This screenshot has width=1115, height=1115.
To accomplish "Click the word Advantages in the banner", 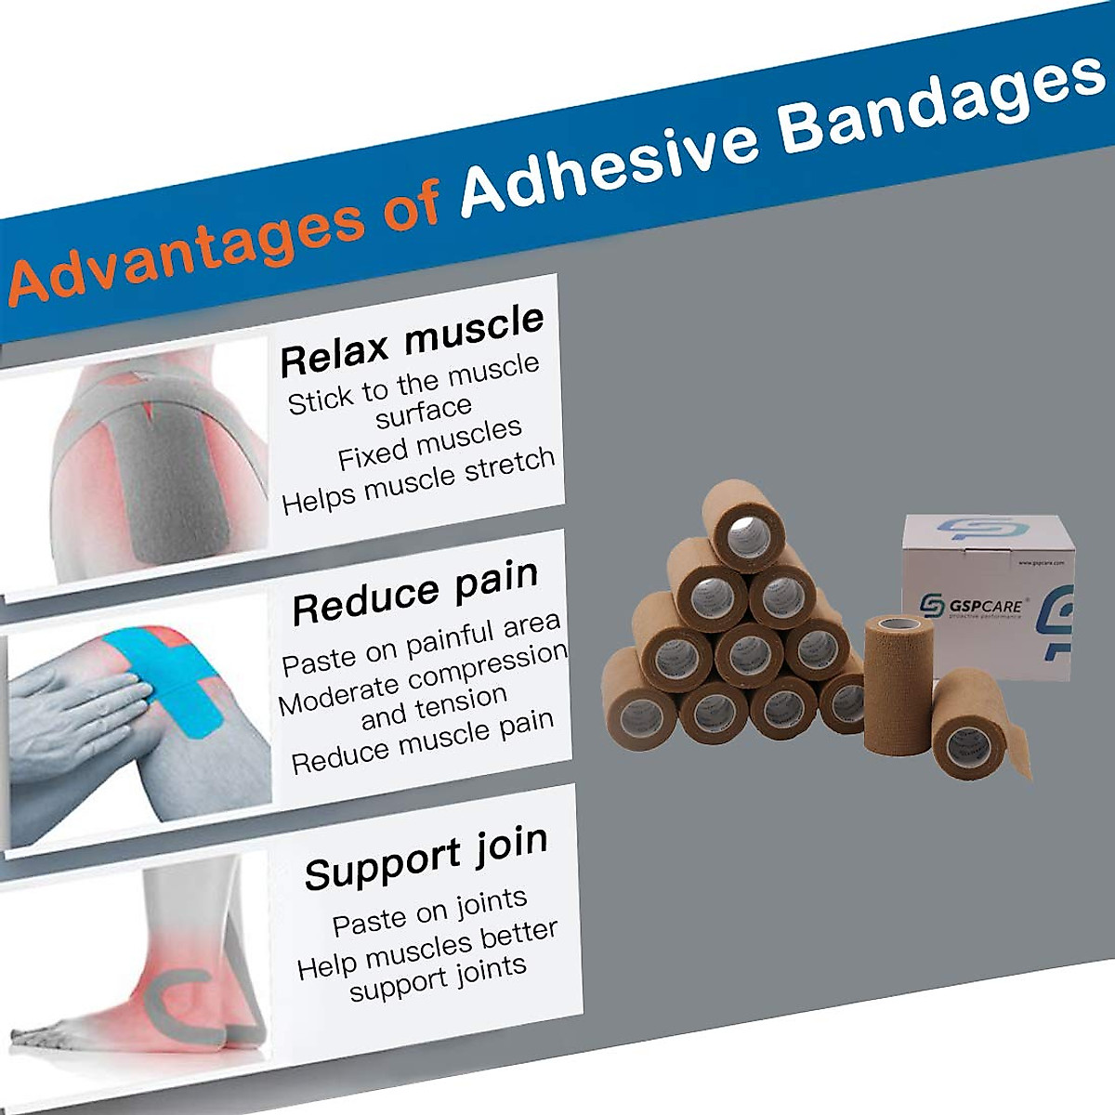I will tap(186, 250).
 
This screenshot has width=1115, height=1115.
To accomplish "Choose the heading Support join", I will tap(426, 857).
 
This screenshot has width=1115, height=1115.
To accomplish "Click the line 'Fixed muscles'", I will tap(429, 443).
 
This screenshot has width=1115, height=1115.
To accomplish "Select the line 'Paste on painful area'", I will tap(421, 645).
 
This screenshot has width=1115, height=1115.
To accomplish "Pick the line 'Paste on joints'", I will tap(429, 912).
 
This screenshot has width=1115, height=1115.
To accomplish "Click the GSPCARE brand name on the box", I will tap(985, 607).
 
